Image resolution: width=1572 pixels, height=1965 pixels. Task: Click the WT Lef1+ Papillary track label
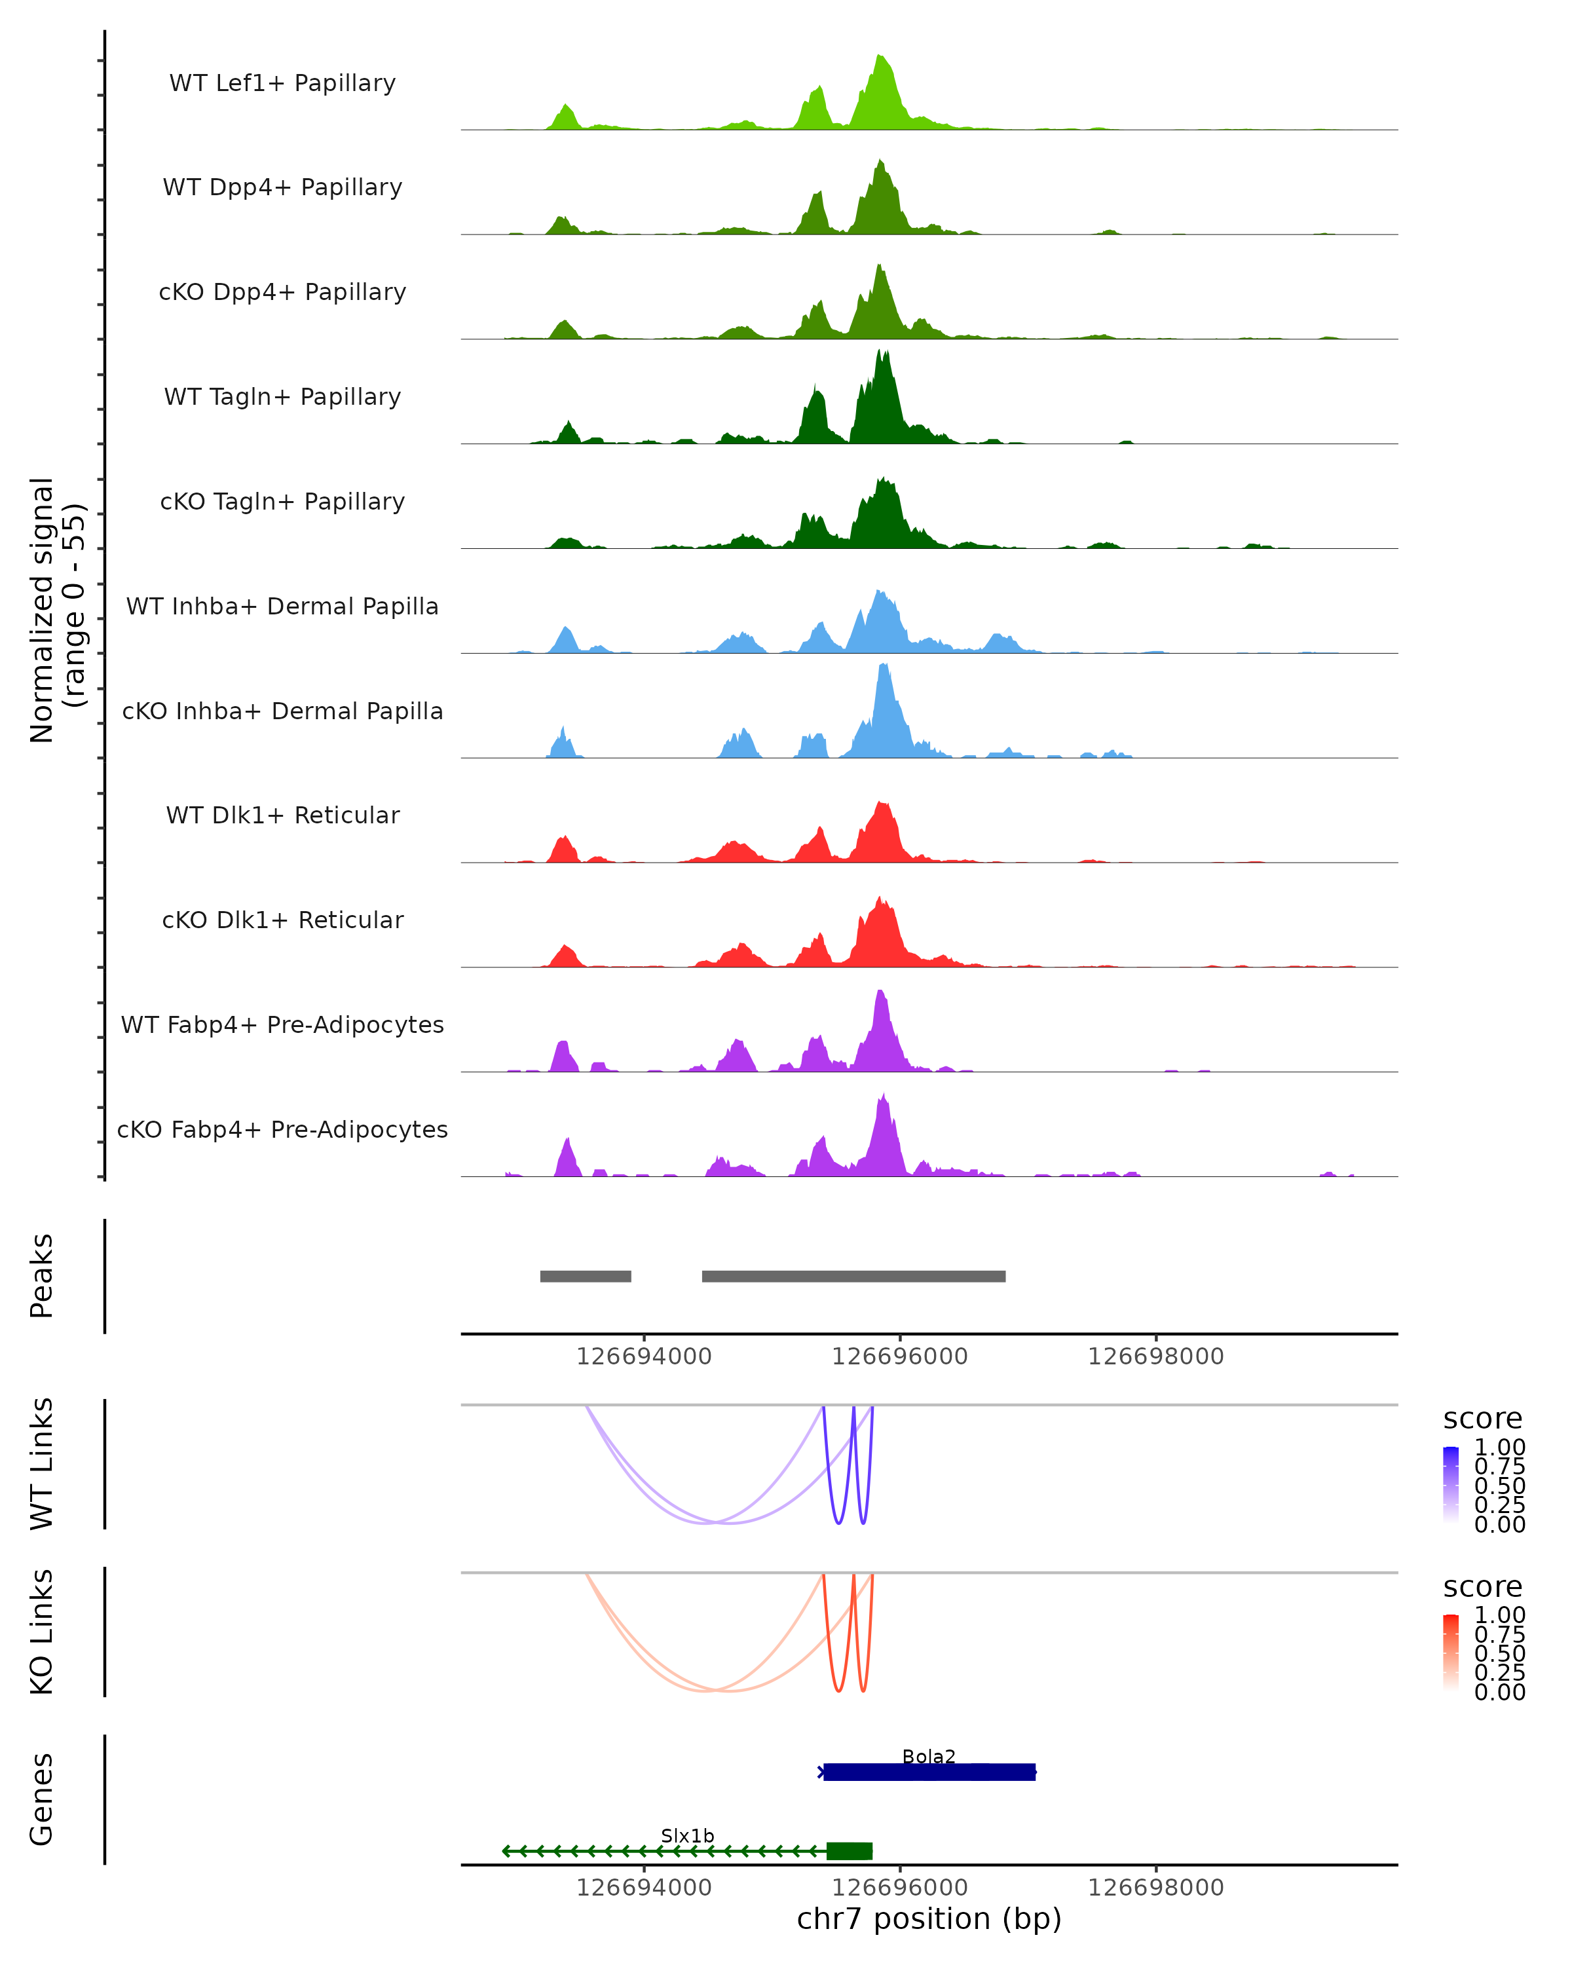pos(282,83)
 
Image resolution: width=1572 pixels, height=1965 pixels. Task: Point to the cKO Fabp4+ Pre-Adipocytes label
pos(282,1129)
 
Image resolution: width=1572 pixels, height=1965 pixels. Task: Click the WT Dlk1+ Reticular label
pos(282,815)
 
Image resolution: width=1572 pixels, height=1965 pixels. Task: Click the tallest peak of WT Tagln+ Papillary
pos(880,352)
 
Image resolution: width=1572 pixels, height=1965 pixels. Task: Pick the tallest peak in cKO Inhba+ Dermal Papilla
pos(883,667)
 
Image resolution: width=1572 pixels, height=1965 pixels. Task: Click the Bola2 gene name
pos(929,1756)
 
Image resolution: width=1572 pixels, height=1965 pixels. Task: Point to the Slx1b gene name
pos(687,1835)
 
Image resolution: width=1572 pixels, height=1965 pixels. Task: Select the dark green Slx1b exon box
pos(850,1851)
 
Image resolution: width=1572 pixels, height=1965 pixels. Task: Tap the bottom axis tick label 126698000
pos(1155,1888)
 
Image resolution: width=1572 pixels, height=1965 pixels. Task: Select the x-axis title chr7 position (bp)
pos(929,1919)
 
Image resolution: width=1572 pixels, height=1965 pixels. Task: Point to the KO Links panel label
pos(42,1632)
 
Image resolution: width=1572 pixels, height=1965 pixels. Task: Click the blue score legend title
pos(1482,1419)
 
